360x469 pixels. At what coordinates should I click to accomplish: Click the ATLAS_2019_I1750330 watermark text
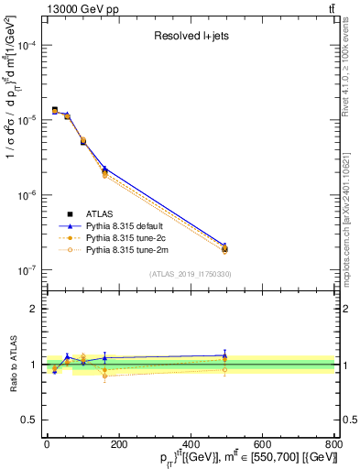[190, 274]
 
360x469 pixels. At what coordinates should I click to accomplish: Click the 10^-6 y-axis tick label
[25, 196]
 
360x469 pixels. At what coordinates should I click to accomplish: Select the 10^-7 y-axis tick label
[25, 271]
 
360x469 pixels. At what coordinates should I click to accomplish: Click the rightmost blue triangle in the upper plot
[224, 246]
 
